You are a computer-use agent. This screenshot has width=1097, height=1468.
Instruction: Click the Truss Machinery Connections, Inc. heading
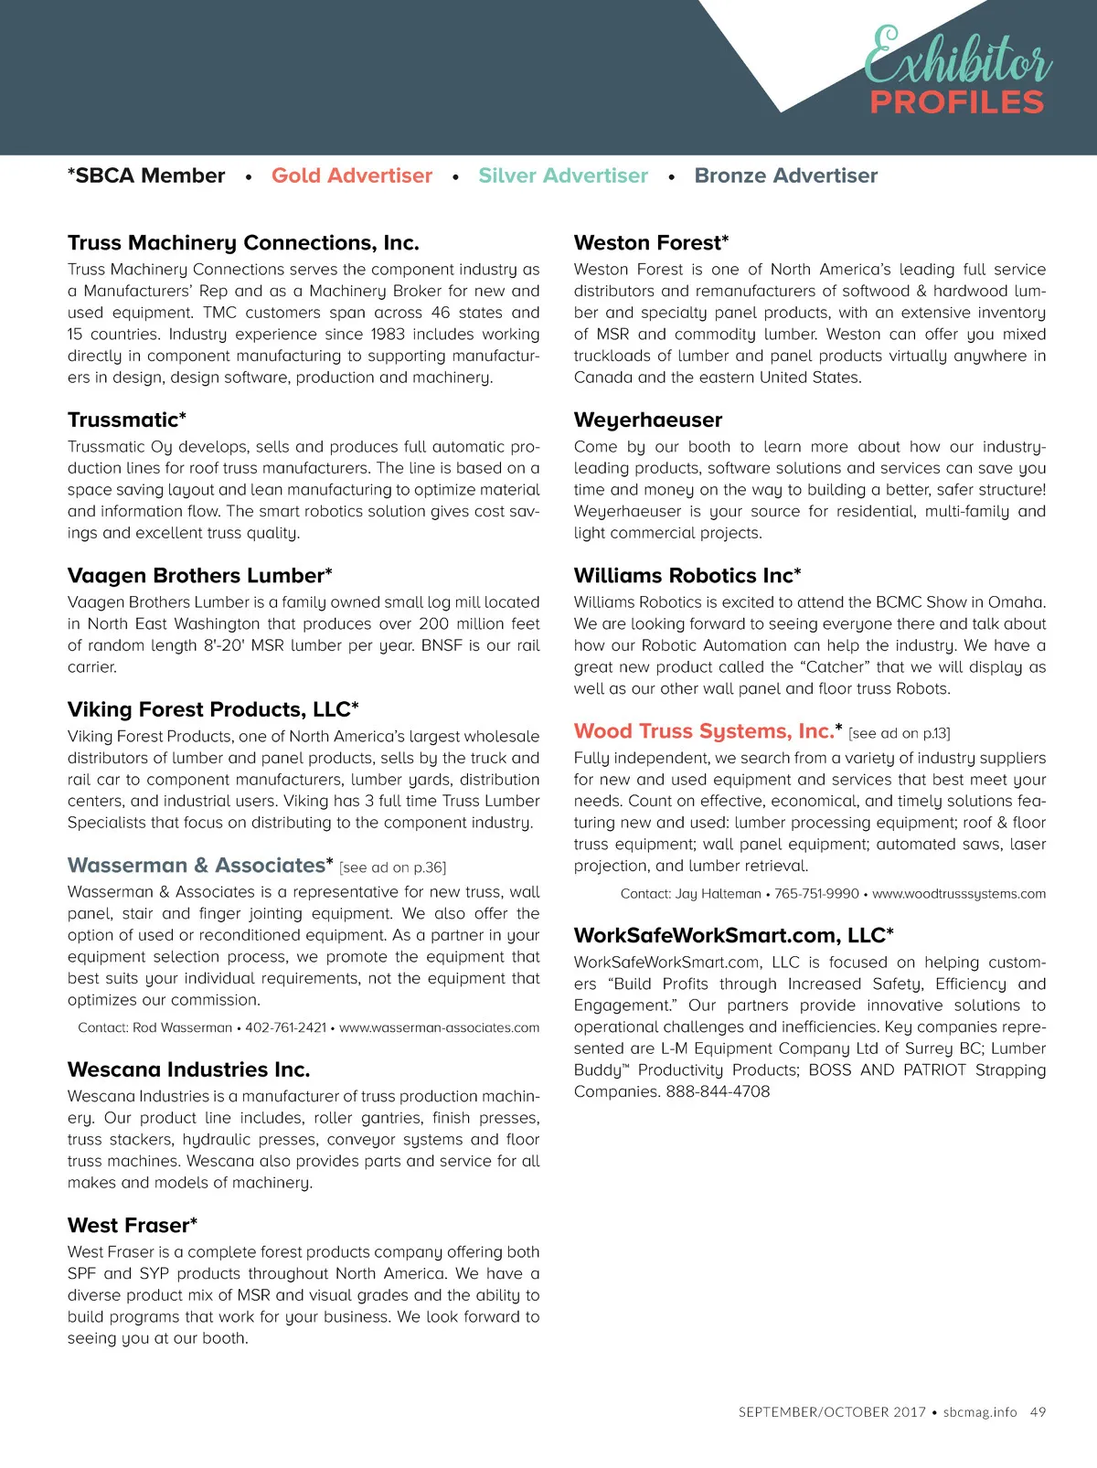[243, 243]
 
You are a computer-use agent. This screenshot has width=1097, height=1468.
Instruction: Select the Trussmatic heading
[126, 420]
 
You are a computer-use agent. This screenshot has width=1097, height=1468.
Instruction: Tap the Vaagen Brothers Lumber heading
[199, 576]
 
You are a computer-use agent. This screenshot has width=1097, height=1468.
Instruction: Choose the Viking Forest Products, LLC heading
[213, 710]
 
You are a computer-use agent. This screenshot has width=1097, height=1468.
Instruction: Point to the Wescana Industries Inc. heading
[188, 1069]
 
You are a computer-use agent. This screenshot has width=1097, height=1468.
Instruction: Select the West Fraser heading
[132, 1226]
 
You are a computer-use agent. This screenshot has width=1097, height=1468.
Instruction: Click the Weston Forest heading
[651, 243]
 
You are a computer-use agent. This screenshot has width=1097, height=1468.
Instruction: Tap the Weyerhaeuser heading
[648, 420]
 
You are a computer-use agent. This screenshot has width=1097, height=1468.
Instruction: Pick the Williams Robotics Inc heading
[687, 576]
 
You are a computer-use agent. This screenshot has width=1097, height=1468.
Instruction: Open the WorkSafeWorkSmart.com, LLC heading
[733, 936]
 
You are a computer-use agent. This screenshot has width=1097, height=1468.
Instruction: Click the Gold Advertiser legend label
[352, 176]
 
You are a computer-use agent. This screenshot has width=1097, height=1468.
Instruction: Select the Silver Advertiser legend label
[563, 176]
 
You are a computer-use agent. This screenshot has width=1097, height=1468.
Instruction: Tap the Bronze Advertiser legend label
[786, 176]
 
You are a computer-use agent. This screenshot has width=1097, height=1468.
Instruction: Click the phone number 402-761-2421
[285, 1027]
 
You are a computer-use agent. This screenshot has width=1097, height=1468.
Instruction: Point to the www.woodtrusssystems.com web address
[959, 894]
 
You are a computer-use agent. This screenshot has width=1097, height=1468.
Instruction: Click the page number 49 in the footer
[1038, 1412]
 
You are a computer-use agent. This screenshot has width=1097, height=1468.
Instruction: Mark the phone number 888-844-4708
[718, 1091]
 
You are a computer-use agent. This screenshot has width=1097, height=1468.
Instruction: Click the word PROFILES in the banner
[956, 102]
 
